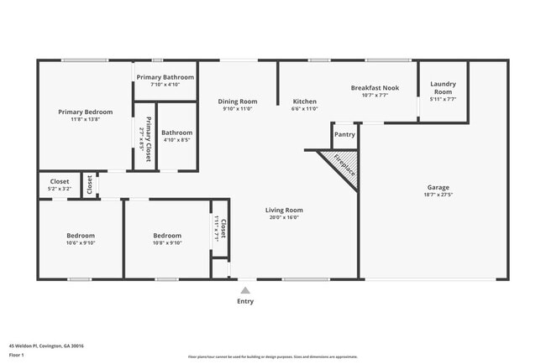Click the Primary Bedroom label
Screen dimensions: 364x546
pyautogui.click(x=84, y=111)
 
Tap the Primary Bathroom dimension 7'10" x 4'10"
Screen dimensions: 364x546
pyautogui.click(x=165, y=85)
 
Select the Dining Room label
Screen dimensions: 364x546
pyautogui.click(x=238, y=101)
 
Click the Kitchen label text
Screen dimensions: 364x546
pyautogui.click(x=304, y=101)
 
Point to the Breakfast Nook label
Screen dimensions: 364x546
pyautogui.click(x=375, y=87)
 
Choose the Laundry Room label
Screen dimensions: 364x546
pyautogui.click(x=443, y=87)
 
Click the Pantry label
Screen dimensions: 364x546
pyautogui.click(x=344, y=134)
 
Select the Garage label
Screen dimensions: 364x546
pyautogui.click(x=438, y=187)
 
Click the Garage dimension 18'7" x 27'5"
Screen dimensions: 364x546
pyautogui.click(x=438, y=195)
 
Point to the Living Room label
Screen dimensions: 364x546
pyautogui.click(x=284, y=210)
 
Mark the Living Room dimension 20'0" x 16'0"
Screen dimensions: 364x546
pyautogui.click(x=284, y=217)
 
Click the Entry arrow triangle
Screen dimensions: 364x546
pyautogui.click(x=244, y=290)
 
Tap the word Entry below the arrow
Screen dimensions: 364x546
pyautogui.click(x=244, y=301)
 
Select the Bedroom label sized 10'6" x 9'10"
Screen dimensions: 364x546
pyautogui.click(x=81, y=236)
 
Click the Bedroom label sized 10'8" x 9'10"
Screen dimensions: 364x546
pyautogui.click(x=166, y=236)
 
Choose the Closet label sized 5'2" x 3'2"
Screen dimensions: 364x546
pyautogui.click(x=60, y=181)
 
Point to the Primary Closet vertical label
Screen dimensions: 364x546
pyautogui.click(x=149, y=138)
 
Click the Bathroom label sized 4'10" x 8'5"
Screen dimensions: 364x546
pyautogui.click(x=177, y=133)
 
